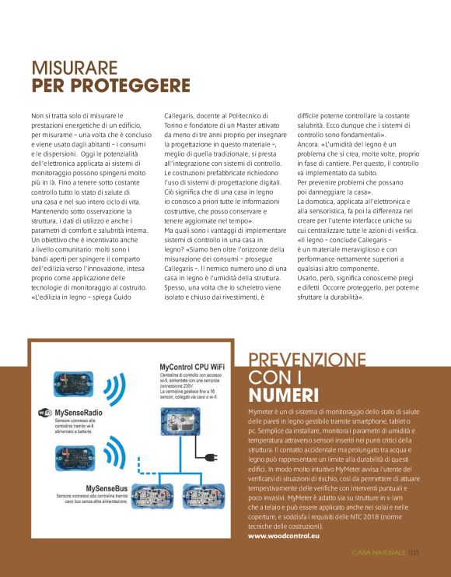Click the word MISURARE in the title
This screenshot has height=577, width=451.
coord(75,68)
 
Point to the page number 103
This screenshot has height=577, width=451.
coord(413,553)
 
